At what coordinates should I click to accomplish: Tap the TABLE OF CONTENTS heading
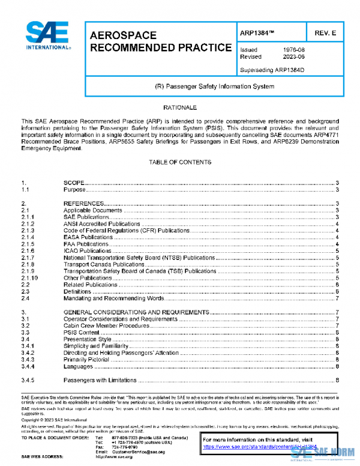click(x=180, y=162)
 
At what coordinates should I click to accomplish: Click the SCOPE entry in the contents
click(x=73, y=182)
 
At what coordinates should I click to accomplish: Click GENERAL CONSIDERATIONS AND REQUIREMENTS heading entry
click(x=136, y=312)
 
